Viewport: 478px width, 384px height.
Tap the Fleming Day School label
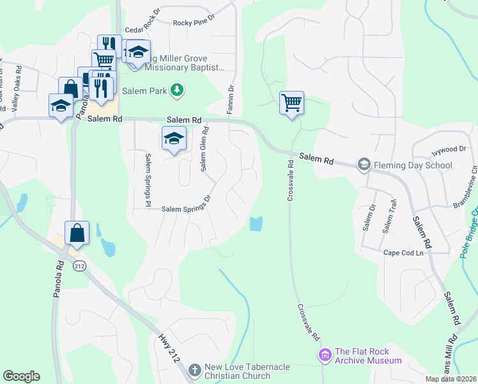point(413,165)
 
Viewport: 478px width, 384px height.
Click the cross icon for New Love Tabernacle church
point(195,370)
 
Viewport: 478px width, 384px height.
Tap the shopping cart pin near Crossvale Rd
point(291,102)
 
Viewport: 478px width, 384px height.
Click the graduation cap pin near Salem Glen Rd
point(174,138)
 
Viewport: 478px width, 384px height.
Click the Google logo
point(21,376)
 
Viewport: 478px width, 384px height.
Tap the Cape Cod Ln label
point(403,253)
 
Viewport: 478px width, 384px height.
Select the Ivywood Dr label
point(449,149)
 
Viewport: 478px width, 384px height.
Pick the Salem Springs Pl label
point(147,175)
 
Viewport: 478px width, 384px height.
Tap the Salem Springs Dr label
point(186,207)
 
